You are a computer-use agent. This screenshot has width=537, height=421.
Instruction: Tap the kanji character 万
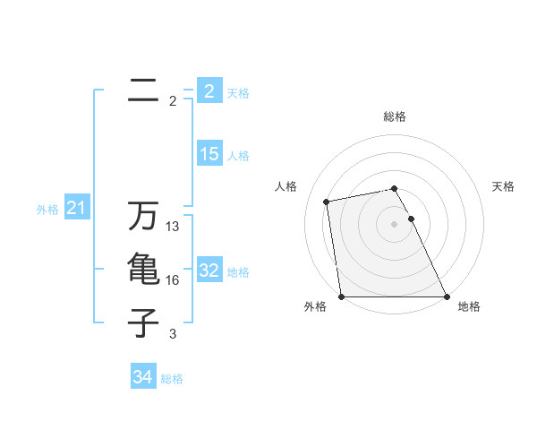[x=143, y=218]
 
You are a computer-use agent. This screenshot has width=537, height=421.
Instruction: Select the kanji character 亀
[x=143, y=271]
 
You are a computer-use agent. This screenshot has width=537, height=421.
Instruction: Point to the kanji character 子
[x=143, y=322]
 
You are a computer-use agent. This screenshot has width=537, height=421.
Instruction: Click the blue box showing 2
[x=209, y=90]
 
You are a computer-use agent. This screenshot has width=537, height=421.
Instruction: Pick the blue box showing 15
[x=209, y=154]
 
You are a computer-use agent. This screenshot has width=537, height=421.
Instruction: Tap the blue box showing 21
[x=76, y=209]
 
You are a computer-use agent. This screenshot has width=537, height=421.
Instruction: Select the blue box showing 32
[x=209, y=271]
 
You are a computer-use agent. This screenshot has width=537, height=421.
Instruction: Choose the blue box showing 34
[x=143, y=377]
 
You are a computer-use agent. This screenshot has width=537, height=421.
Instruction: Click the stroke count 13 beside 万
[x=173, y=228]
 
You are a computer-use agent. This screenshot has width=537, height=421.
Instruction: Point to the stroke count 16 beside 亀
[x=173, y=280]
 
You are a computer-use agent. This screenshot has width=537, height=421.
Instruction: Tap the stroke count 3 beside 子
[x=173, y=334]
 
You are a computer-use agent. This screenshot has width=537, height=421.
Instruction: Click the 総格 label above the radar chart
[x=395, y=116]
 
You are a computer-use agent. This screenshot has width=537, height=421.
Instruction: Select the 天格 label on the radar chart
[x=503, y=186]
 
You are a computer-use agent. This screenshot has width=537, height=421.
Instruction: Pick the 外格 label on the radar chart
[x=315, y=306]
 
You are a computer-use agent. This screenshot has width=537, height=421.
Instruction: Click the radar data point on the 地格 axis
[x=447, y=296]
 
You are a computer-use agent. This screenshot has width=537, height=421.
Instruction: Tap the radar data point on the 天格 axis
[x=411, y=219]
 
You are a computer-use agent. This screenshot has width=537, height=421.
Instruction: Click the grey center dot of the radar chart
[x=395, y=224]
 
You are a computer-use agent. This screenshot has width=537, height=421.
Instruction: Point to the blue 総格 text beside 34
[x=172, y=379]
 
